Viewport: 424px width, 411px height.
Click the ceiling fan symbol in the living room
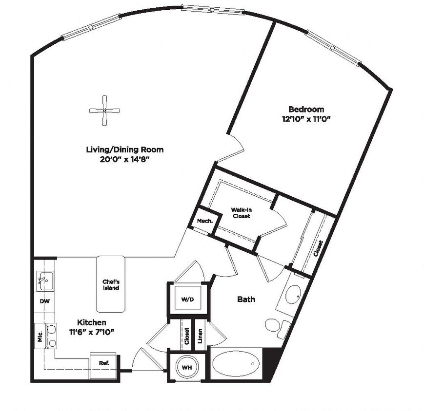tap(105, 111)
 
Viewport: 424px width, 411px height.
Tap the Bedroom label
tap(306, 110)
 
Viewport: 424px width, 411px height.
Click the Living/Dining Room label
tap(124, 149)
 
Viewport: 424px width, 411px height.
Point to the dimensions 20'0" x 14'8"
tap(124, 159)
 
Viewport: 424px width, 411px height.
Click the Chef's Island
tap(111, 284)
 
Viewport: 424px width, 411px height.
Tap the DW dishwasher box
tap(44, 301)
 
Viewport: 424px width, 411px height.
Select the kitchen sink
tap(45, 280)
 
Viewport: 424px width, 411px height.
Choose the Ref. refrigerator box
tap(104, 363)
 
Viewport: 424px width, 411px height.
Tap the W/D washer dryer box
tap(188, 299)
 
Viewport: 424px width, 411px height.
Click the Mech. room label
tap(204, 221)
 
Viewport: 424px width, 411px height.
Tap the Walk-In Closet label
tap(241, 213)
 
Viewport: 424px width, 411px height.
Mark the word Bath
tap(246, 299)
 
